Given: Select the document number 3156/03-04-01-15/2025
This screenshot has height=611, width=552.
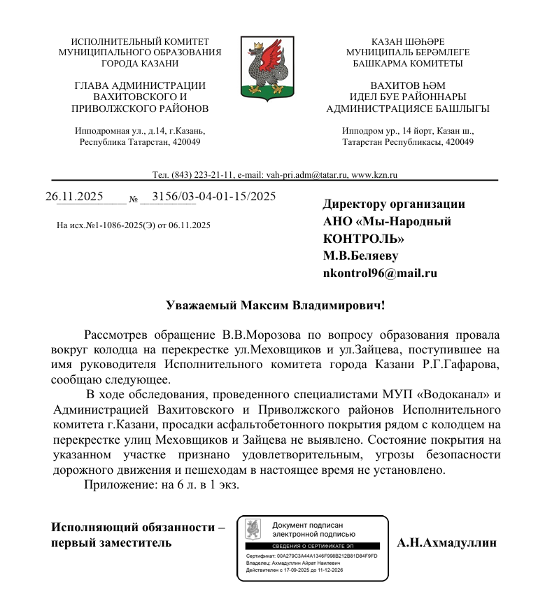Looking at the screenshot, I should (213, 196).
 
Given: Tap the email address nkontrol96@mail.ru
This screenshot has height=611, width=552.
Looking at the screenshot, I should (379, 273).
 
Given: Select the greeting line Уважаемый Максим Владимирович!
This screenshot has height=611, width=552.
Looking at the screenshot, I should (276, 305).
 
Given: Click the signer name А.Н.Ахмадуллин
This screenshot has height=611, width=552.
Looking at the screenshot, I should (446, 542).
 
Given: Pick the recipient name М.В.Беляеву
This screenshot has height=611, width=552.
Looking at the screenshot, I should (360, 255).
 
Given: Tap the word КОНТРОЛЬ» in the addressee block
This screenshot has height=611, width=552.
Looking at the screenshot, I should (363, 239).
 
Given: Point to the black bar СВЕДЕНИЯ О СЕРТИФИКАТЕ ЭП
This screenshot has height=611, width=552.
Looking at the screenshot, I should (311, 545).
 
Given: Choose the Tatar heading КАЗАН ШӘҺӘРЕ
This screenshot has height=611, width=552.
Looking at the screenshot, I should (408, 42).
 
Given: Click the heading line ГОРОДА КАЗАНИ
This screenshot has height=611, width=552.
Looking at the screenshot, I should (140, 63).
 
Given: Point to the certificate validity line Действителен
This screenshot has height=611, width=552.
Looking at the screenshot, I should (295, 570).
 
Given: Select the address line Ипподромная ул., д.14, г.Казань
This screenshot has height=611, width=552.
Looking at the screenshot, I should (140, 131).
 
